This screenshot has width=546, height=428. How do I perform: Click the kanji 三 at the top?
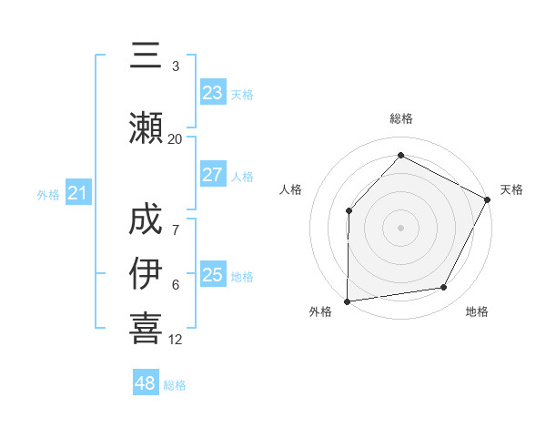(x=147, y=57)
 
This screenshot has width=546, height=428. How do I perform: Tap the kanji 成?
(x=147, y=219)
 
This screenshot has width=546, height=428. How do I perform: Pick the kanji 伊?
(x=147, y=273)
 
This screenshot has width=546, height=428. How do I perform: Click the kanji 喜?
(x=147, y=328)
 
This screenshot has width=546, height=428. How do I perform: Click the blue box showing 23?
(x=212, y=93)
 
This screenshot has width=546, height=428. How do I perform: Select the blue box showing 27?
(x=212, y=175)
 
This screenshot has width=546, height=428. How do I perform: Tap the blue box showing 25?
(x=212, y=275)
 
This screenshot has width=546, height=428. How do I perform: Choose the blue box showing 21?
(x=77, y=193)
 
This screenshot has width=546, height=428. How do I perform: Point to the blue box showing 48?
(x=146, y=383)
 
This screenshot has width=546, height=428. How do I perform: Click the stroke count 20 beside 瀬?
(x=175, y=139)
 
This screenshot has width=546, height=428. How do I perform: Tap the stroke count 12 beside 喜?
(x=175, y=340)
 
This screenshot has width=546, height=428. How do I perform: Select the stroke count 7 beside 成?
(x=176, y=230)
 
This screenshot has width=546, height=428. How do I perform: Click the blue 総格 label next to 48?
(x=175, y=385)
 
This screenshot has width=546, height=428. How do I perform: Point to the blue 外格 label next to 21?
(x=48, y=195)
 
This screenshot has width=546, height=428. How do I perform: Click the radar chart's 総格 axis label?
(x=400, y=118)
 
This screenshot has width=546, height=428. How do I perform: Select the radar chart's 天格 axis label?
(x=511, y=189)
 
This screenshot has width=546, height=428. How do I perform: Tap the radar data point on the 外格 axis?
(x=347, y=301)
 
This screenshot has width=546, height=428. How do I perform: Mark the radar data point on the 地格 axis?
(x=444, y=288)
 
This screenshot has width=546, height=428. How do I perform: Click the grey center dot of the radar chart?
(x=400, y=227)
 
